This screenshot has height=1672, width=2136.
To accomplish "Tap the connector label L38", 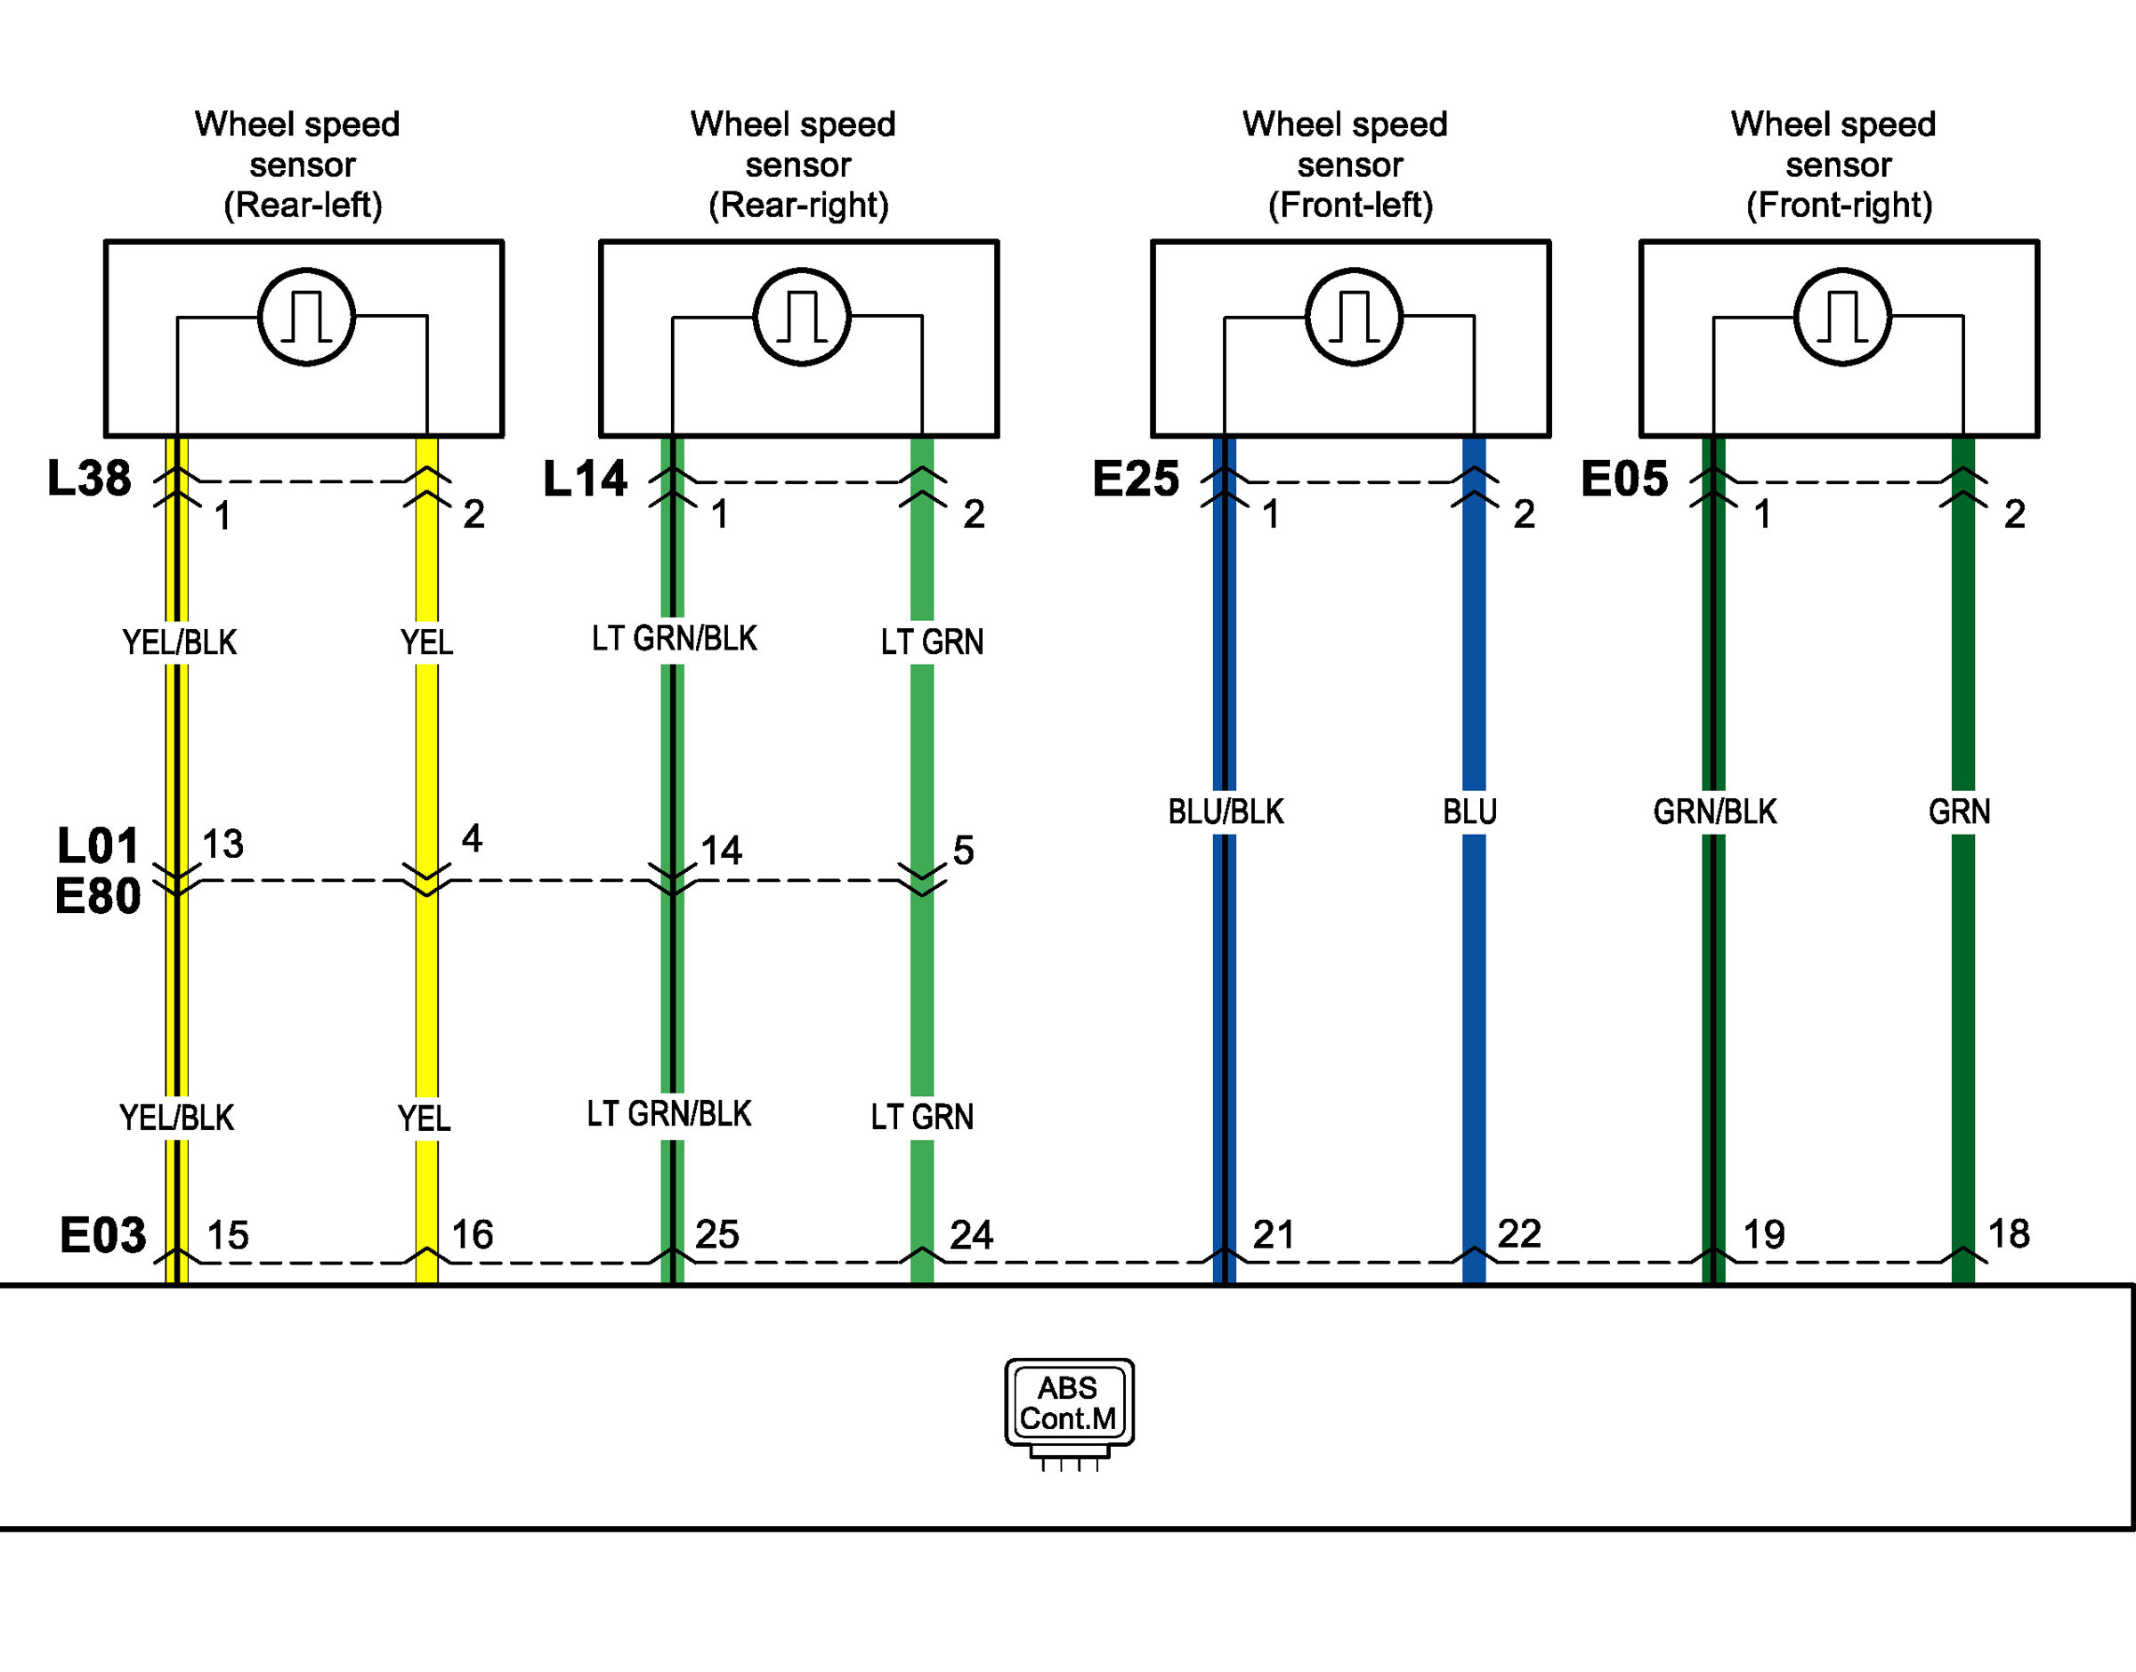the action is coord(89,479).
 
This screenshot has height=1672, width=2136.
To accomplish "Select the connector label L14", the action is coord(585,479).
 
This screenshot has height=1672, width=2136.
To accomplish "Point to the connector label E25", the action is coord(1136,479).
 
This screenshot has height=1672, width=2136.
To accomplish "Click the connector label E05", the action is coord(1624,479).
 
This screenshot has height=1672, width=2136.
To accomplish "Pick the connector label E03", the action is coord(102,1235).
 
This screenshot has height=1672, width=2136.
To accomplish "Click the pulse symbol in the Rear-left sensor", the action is coord(306,316).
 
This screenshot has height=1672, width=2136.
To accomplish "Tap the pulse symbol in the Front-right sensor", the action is coord(1842,316).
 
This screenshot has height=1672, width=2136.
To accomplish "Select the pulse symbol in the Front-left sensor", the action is coord(1354,316).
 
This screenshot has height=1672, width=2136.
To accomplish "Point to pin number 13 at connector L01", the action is coord(222,844).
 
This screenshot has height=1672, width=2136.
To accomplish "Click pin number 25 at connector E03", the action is coord(716,1235).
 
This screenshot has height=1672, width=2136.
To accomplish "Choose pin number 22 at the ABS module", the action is coord(1519,1234).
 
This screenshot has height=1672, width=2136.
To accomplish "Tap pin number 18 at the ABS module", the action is coord(2009,1234).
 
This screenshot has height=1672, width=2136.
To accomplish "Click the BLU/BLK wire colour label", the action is coord(1226,812).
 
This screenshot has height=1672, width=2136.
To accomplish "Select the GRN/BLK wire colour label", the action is coord(1715,812).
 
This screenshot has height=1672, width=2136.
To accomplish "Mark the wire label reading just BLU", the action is coord(1470,812).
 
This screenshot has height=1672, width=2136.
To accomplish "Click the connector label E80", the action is coord(98,897).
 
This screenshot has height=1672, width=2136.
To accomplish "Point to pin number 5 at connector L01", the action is coord(963,851).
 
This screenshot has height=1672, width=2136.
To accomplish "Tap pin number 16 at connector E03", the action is coord(472,1235).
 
